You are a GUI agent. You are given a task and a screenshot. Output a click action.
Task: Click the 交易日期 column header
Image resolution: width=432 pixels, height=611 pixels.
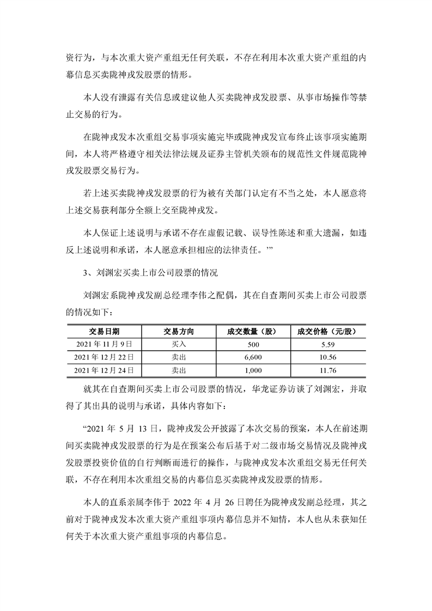[104, 331]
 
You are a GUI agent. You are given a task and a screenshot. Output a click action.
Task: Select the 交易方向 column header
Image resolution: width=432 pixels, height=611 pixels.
[179, 331]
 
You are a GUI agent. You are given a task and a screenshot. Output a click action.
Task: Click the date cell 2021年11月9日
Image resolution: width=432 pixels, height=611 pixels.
[104, 344]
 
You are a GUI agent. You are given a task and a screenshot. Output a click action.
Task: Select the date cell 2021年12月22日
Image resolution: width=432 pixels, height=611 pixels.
[104, 357]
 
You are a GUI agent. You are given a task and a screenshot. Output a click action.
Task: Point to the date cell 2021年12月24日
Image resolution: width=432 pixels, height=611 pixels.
[104, 370]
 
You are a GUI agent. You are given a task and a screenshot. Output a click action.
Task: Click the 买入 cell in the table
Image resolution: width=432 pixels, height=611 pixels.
[179, 344]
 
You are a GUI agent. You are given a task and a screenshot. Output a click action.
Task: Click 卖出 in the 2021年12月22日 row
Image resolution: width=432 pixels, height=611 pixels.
[179, 357]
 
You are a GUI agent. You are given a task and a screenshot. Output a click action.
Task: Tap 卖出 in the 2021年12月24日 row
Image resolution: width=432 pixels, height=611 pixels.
[179, 370]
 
